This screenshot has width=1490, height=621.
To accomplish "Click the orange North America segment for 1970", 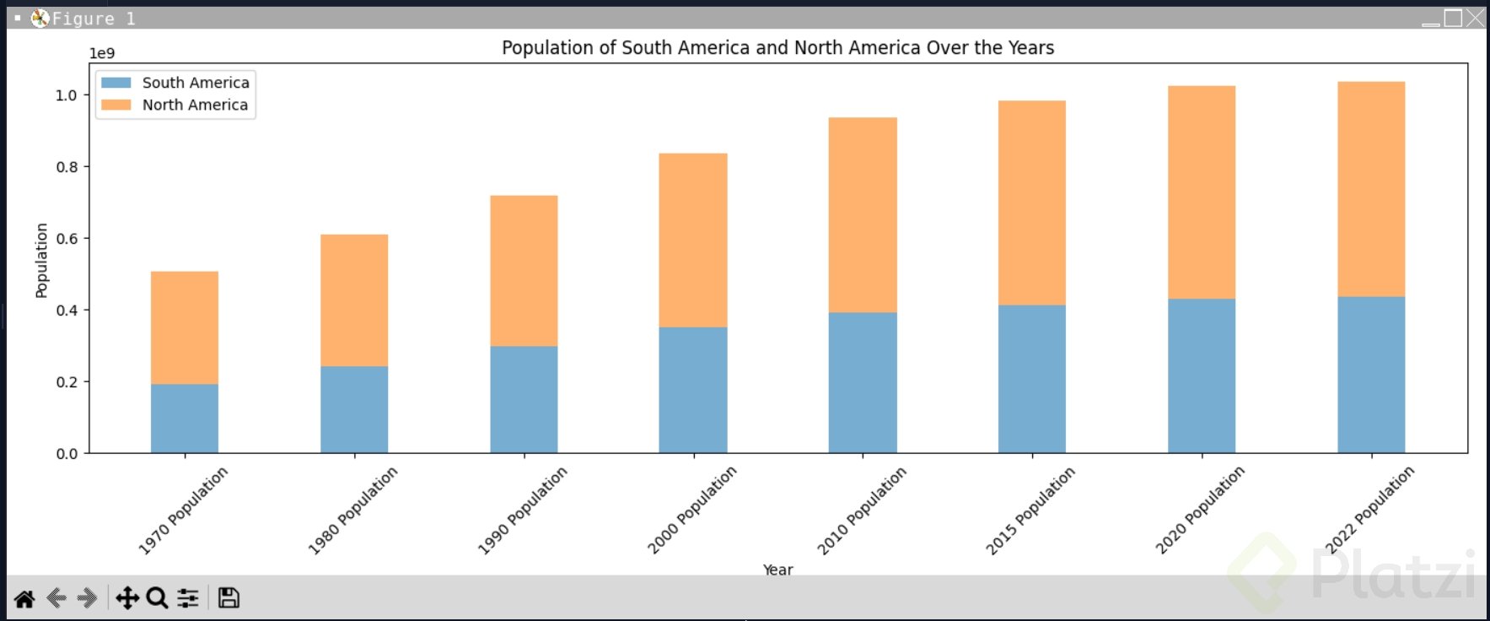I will pyautogui.click(x=185, y=327).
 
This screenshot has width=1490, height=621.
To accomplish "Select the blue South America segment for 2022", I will pyautogui.click(x=1371, y=375).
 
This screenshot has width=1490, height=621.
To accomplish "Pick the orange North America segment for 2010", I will pyautogui.click(x=863, y=215).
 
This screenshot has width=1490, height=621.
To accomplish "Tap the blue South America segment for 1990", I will pyautogui.click(x=524, y=399).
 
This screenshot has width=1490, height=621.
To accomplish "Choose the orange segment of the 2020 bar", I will pyautogui.click(x=1202, y=192).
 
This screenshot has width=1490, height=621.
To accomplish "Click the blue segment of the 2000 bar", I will pyautogui.click(x=693, y=390).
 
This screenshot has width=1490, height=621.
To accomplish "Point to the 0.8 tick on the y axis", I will pyautogui.click(x=67, y=167).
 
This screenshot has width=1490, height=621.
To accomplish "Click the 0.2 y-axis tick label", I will pyautogui.click(x=67, y=382).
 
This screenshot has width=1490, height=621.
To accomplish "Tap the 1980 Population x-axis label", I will pyautogui.click(x=352, y=510).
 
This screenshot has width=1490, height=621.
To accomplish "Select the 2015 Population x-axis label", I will pyautogui.click(x=1030, y=510).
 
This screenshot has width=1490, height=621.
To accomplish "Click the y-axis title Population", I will pyautogui.click(x=41, y=260).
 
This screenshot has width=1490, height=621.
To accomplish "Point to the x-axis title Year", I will pyautogui.click(x=777, y=570).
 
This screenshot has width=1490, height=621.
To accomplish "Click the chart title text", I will pyautogui.click(x=777, y=48).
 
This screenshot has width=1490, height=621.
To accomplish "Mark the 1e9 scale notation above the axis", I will pyautogui.click(x=102, y=53).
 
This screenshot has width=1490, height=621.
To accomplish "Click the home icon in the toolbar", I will pyautogui.click(x=24, y=598).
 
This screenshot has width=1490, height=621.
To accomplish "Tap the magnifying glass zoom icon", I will pyautogui.click(x=157, y=598).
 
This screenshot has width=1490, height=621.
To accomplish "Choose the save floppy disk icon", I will pyautogui.click(x=229, y=598).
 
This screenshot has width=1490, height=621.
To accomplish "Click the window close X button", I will pyautogui.click(x=1475, y=18).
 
